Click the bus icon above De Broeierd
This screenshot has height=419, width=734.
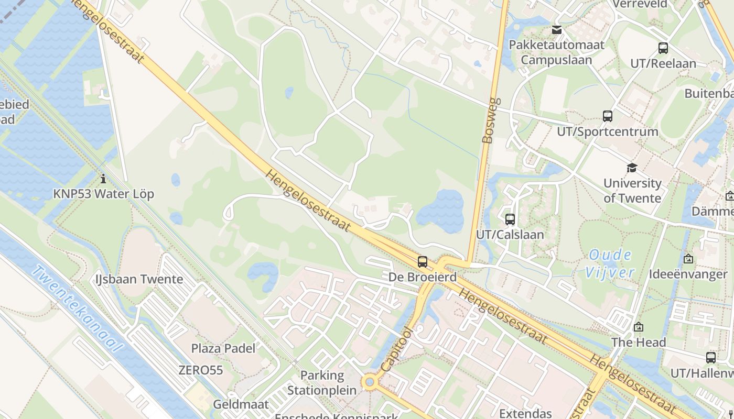[423, 261]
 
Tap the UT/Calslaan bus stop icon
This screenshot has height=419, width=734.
[510, 219]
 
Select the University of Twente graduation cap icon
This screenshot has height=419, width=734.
[632, 168]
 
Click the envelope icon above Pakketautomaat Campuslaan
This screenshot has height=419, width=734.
[557, 30]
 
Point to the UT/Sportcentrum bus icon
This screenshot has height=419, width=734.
[608, 116]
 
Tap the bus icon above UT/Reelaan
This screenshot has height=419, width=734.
[663, 48]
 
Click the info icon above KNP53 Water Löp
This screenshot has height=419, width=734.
[103, 179]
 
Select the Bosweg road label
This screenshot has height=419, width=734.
[489, 120]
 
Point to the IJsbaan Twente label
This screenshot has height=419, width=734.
[139, 279]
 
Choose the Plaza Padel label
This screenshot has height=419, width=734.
[223, 348]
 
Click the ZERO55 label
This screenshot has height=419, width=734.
[201, 370]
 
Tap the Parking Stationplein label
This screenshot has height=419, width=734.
[322, 383]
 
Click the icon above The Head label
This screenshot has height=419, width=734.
[639, 327]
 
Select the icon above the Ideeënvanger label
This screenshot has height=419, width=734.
[688, 259]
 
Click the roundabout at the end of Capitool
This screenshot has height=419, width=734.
[370, 382]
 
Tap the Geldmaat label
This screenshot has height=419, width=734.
[241, 404]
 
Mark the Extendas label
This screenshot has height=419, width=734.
[525, 413]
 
